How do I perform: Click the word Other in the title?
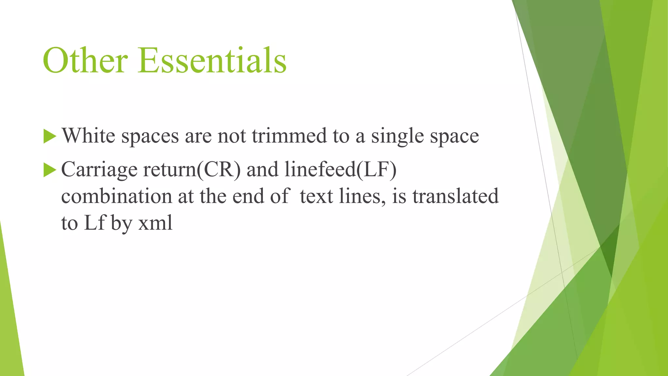[x=85, y=61]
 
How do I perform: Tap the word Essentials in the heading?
[x=212, y=61]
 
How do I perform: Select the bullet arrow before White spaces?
[x=50, y=136]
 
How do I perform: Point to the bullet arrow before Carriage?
[x=50, y=170]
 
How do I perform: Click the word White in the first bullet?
[x=88, y=135]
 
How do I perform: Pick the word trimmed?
[x=289, y=135]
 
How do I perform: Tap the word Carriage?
[x=99, y=170]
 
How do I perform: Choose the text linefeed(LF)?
[x=341, y=170]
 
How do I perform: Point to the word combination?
[x=116, y=196]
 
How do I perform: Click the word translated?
[x=455, y=196]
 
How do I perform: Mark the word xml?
[x=155, y=224]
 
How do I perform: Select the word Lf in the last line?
[x=94, y=224]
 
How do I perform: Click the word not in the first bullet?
[x=232, y=135]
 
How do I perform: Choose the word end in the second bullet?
[x=248, y=196]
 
